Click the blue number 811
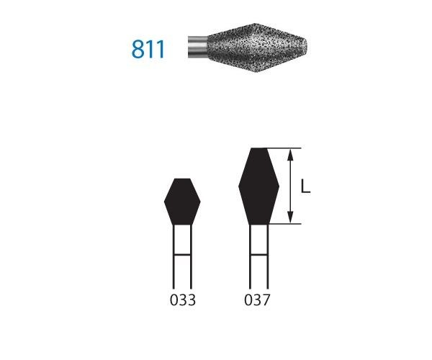[x=149, y=49]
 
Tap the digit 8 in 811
[x=138, y=49]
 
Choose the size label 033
[x=182, y=300]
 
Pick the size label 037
[x=258, y=300]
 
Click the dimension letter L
[x=305, y=187]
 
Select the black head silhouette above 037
[x=258, y=186]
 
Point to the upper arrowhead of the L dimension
[x=290, y=153]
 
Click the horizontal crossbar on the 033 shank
[x=183, y=255]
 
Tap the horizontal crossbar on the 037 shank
[x=258, y=255]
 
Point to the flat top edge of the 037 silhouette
[x=258, y=149]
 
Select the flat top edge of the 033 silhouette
[x=183, y=179]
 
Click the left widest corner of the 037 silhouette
[x=239, y=186]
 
